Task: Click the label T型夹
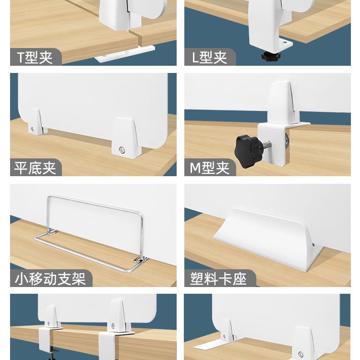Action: click(x=35, y=58)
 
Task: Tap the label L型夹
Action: click(x=209, y=58)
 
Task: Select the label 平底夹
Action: click(x=35, y=168)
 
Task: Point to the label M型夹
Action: click(x=209, y=168)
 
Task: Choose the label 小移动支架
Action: click(x=50, y=279)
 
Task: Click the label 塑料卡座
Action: click(x=218, y=279)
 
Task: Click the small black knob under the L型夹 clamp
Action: click(x=271, y=55)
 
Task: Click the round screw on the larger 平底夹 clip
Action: click(x=122, y=150)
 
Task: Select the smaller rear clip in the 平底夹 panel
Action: click(x=37, y=121)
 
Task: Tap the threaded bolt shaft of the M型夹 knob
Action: click(x=266, y=144)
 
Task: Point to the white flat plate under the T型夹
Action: click(x=125, y=54)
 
